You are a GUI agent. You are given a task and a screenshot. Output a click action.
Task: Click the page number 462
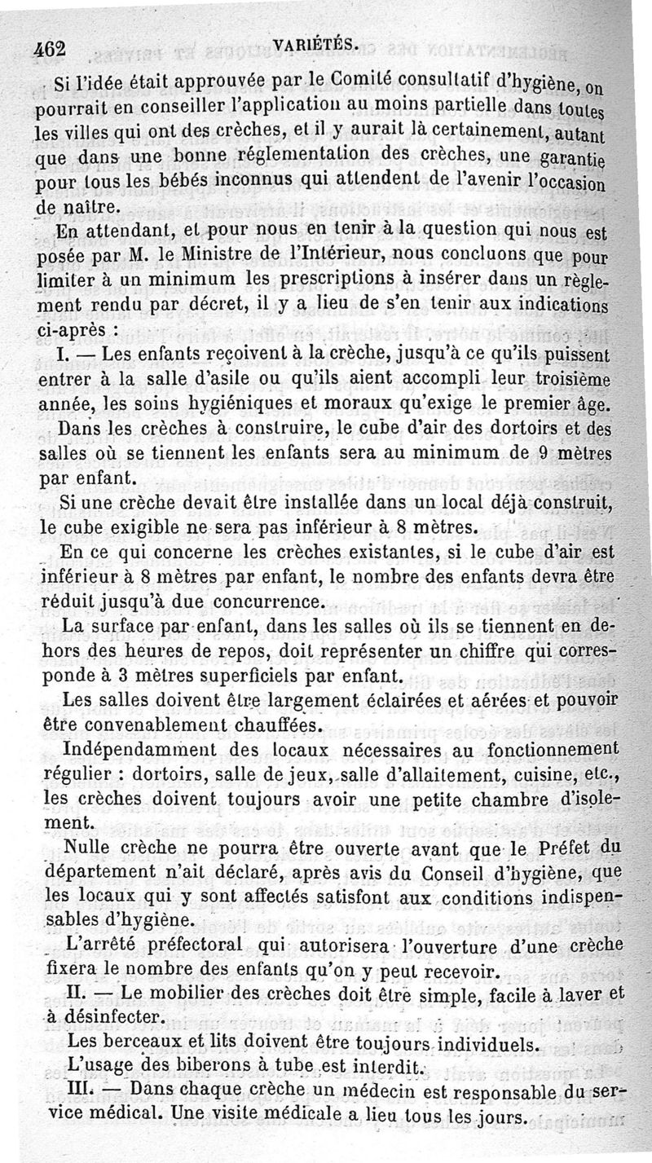[x=50, y=49]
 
